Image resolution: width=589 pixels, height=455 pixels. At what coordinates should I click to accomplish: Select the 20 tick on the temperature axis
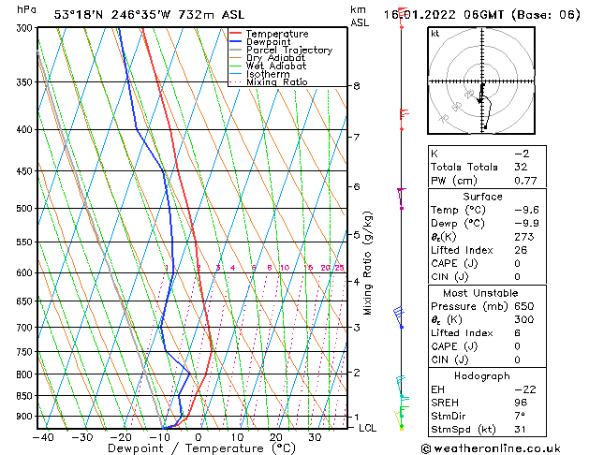[x=275, y=437]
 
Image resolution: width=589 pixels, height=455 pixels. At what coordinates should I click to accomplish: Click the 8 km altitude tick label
[x=356, y=86]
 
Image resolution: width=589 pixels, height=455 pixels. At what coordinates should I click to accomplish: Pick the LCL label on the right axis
[x=368, y=428]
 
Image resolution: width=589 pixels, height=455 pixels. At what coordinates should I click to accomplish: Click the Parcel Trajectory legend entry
[x=288, y=50]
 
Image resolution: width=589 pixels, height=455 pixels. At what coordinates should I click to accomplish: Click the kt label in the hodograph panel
[x=434, y=34]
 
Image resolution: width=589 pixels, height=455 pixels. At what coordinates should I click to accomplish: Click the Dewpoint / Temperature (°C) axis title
[x=192, y=448]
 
